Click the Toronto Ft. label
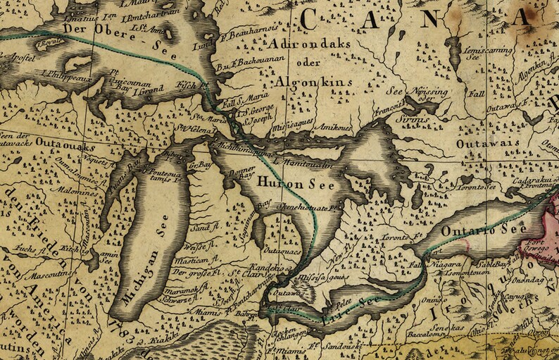pyautogui.click(x=401, y=236)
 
